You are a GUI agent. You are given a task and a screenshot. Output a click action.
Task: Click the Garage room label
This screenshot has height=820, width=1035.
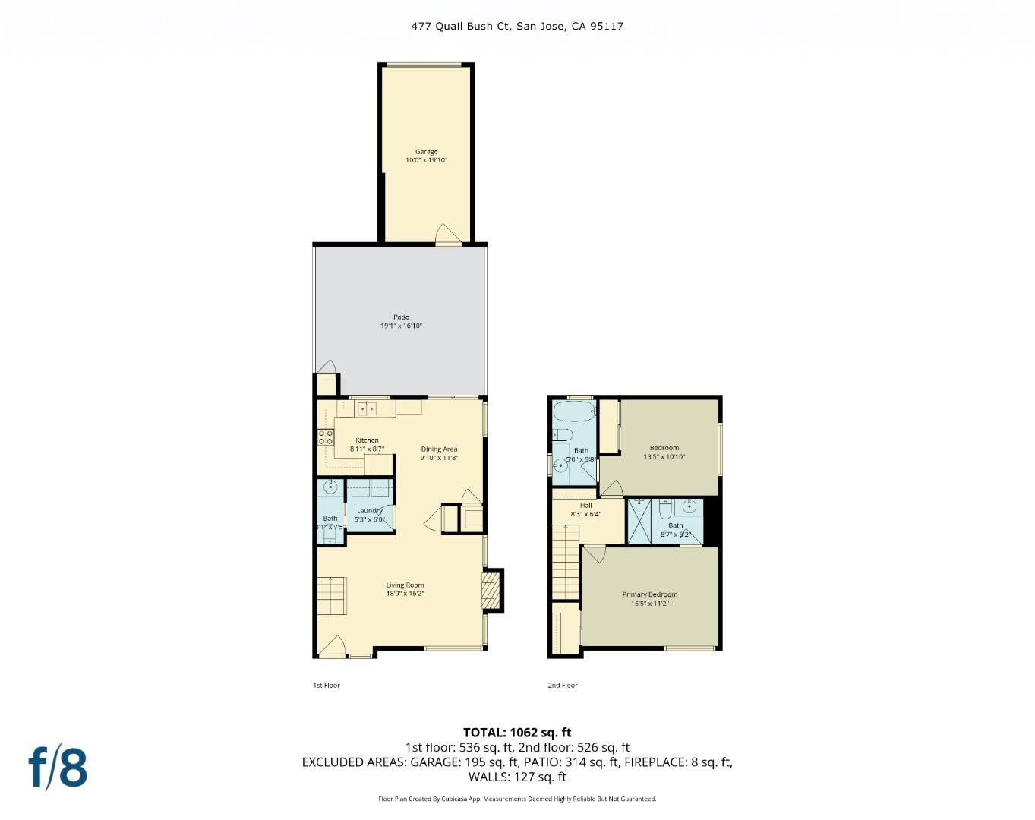pyautogui.click(x=426, y=152)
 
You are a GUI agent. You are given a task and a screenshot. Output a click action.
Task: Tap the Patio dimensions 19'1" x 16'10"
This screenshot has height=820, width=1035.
pyautogui.click(x=401, y=326)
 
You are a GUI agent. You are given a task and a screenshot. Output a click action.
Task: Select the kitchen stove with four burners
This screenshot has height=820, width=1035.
pyautogui.click(x=326, y=437)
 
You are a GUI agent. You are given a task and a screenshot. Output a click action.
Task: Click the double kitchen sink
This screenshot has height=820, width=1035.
pyautogui.click(x=367, y=409)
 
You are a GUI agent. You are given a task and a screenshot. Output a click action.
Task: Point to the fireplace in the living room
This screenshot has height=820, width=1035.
pyautogui.click(x=491, y=590)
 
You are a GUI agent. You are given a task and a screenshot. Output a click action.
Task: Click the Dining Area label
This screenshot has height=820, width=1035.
pyautogui.click(x=439, y=449)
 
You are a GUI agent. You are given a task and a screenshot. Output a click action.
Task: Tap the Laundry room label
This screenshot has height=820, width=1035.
pyautogui.click(x=369, y=511)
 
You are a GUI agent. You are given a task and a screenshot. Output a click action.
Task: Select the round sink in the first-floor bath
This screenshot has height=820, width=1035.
pyautogui.click(x=330, y=487)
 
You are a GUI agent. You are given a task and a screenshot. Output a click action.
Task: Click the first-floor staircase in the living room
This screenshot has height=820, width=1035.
pyautogui.click(x=332, y=596)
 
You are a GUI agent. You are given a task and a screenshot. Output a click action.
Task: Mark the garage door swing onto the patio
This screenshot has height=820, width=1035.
pyautogui.click(x=447, y=235)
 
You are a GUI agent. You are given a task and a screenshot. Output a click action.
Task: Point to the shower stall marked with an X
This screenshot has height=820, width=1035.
pyautogui.click(x=639, y=521)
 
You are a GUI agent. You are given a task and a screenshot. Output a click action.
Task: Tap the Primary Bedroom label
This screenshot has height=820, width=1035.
pyautogui.click(x=649, y=594)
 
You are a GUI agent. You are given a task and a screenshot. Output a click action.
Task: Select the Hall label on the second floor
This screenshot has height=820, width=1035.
pyautogui.click(x=585, y=506)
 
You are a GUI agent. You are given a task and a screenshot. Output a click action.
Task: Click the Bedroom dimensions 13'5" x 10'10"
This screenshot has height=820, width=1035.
pyautogui.click(x=664, y=457)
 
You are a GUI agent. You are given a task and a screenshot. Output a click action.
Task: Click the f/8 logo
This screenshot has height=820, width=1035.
pyautogui.click(x=58, y=768)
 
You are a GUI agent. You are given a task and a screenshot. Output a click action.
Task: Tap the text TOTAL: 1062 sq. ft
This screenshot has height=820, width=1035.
pyautogui.click(x=517, y=733)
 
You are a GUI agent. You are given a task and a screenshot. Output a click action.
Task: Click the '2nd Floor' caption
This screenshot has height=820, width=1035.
pyautogui.click(x=563, y=686)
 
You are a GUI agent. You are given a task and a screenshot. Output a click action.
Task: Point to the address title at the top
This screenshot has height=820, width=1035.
pyautogui.click(x=517, y=26)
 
